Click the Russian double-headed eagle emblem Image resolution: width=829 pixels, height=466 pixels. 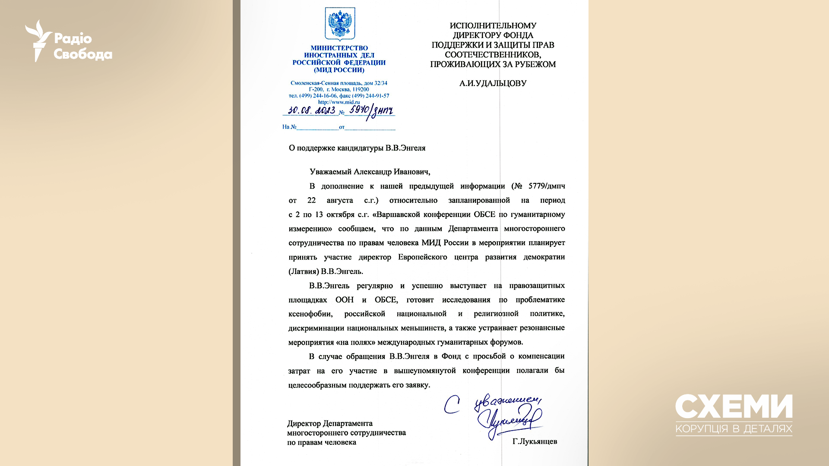coord(340,24)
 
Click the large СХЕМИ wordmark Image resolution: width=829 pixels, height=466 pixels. coord(734,406)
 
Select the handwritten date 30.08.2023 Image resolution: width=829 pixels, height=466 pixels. coord(311,110)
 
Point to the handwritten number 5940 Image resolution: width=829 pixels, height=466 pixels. coord(359,110)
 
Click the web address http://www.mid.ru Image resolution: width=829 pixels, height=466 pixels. coord(339,102)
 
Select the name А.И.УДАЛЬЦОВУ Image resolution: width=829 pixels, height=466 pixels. coord(493,83)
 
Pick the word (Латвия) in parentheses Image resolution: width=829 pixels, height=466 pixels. coord(304,271)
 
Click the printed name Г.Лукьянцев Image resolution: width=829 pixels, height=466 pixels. coord(535,441)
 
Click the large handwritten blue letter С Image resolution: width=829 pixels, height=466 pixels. coord(452,405)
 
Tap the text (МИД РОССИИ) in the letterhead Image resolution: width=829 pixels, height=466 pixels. coord(339,70)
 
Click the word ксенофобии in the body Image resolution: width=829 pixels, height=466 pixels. coord(310,314)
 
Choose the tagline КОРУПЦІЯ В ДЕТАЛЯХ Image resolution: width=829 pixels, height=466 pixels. coord(734,429)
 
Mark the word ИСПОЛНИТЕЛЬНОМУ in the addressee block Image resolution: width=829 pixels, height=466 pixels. coord(493,26)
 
